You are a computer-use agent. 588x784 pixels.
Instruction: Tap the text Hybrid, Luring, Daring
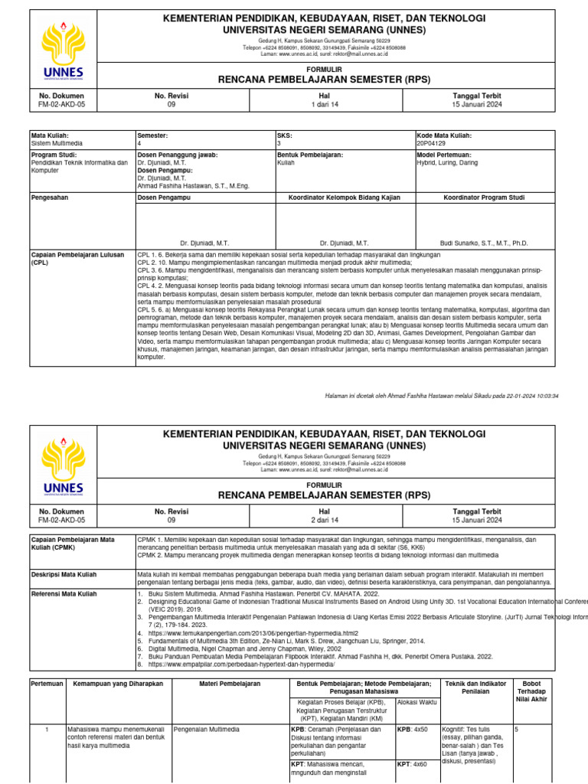point(446,163)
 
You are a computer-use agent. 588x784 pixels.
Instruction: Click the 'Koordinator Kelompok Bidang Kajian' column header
point(344,198)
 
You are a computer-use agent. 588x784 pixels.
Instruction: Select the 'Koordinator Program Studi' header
point(484,198)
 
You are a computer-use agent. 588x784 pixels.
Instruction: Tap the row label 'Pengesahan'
point(48,198)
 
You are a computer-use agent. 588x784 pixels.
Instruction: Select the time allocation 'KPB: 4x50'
point(413,730)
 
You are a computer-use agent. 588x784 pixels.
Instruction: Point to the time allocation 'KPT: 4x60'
point(413,764)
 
